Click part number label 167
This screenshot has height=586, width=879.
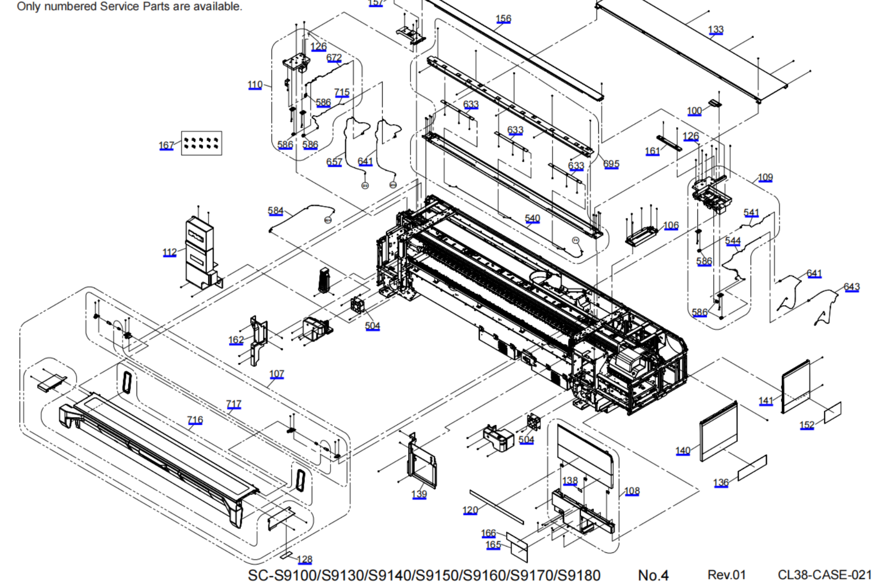coord(166,145)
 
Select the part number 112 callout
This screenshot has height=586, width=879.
coord(169,252)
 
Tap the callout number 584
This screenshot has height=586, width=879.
coord(275,210)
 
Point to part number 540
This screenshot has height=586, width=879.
coord(532,218)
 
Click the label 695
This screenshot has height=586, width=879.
coord(611,164)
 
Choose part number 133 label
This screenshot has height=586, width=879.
coord(715,29)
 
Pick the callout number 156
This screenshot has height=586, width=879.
coord(503,19)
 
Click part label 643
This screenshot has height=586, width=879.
coord(851,287)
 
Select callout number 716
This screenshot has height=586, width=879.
coord(195,419)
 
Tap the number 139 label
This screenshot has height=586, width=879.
coord(419,494)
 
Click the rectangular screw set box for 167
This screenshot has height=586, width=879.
coord(202,143)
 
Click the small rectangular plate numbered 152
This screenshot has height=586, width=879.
coord(833,413)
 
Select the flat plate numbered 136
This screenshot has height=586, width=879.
coord(752,467)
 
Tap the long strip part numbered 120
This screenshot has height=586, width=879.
coord(496,506)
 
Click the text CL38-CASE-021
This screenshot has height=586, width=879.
coord(824,575)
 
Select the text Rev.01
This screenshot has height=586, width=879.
coord(726,575)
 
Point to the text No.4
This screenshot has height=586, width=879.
coord(653,575)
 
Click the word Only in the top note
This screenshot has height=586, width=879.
coord(28,6)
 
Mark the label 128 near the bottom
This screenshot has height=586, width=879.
coord(304,559)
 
